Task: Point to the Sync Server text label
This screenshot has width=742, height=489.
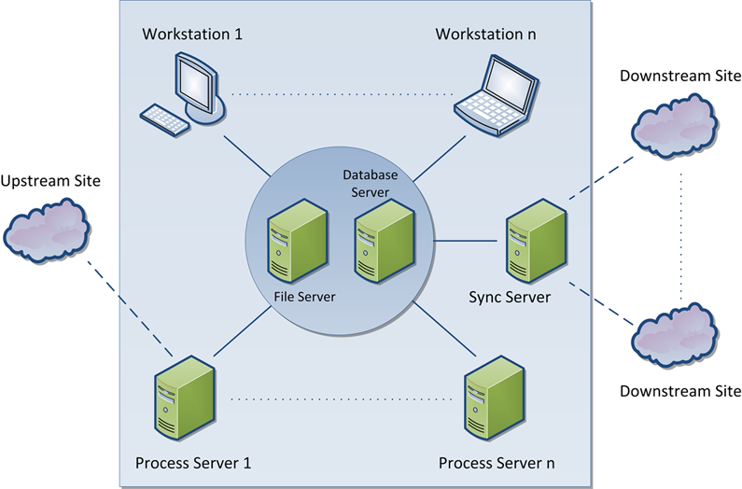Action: (510, 297)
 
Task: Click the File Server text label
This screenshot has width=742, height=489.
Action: (304, 297)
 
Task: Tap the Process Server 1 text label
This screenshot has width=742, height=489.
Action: (193, 462)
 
